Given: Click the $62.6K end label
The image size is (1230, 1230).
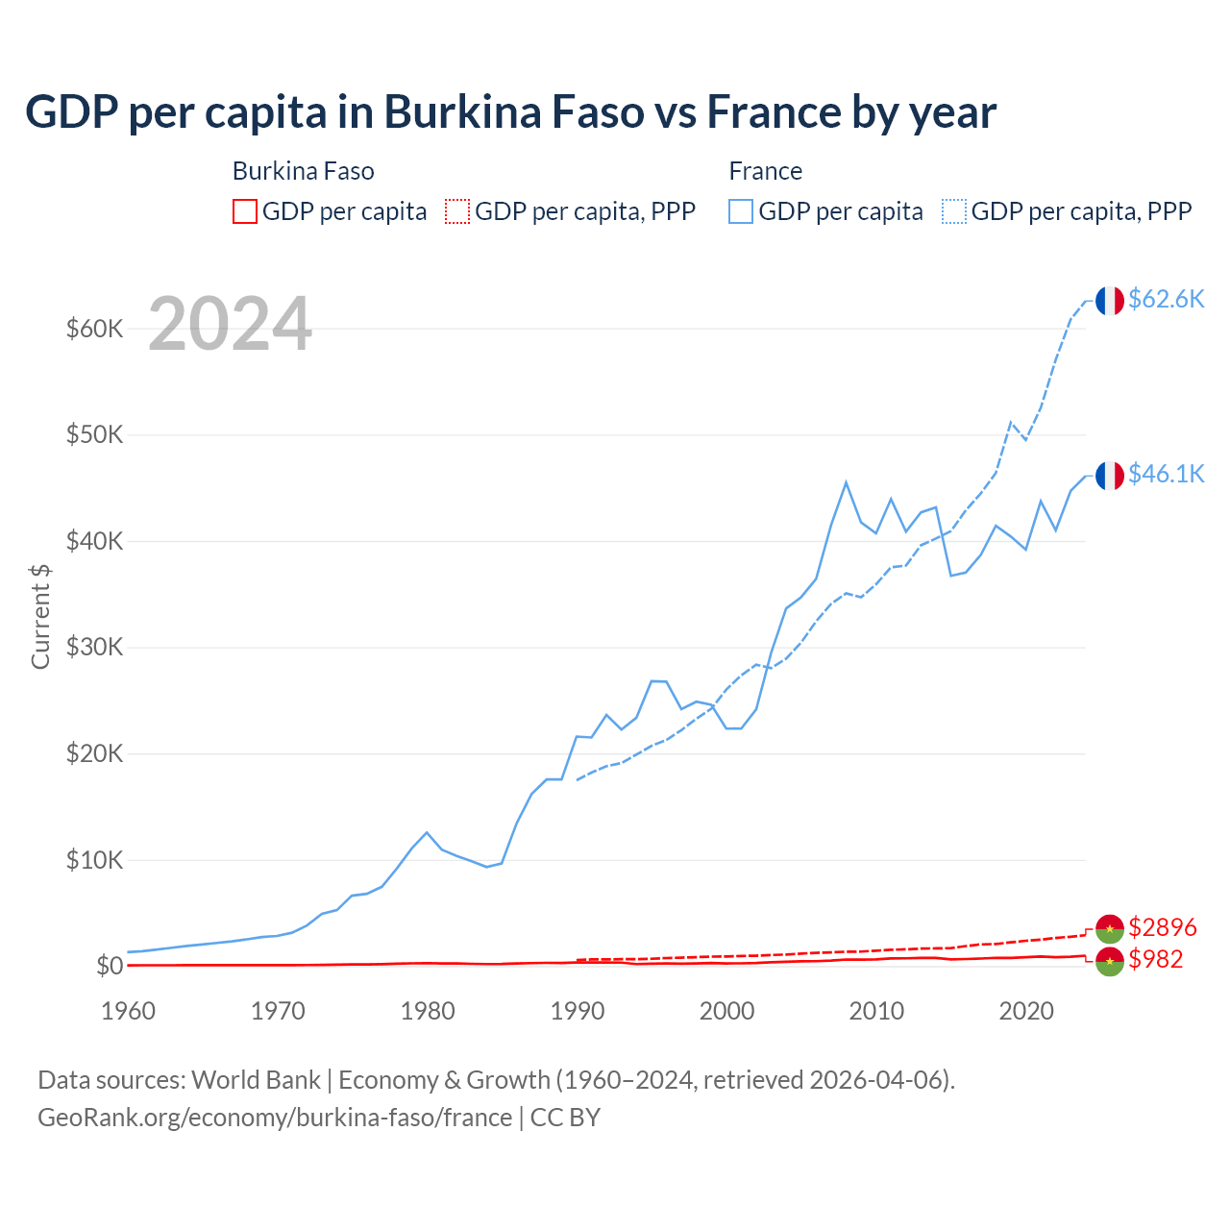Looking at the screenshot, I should (1166, 300).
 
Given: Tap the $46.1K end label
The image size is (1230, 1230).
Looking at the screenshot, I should (1166, 474).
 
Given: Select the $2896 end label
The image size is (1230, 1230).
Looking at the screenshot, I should (1162, 927).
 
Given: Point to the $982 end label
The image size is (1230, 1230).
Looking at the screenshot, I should (1155, 959).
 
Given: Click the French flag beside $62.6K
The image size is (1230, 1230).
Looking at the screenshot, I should (1109, 301).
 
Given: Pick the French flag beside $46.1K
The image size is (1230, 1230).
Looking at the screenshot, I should (1109, 476).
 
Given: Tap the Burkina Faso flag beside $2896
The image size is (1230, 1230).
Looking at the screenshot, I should (1109, 928).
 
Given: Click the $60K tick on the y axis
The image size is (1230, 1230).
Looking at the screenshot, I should (95, 329).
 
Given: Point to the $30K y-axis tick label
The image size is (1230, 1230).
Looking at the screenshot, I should (95, 647).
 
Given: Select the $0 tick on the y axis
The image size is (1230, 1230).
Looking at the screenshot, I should (110, 966).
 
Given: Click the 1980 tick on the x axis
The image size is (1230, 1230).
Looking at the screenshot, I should (428, 1011).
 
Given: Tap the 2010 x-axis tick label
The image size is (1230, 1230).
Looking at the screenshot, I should (876, 1011).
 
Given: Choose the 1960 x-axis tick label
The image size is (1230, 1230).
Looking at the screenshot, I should (129, 1011).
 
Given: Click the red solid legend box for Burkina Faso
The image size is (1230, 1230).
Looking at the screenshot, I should (245, 211).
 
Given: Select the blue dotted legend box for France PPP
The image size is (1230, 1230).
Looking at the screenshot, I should (954, 211).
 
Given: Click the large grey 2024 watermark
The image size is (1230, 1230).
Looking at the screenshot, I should (231, 325).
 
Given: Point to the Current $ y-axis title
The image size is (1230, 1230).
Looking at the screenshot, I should (40, 616).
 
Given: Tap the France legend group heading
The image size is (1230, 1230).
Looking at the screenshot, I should (765, 171).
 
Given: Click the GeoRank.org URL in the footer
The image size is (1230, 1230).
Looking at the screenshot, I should (275, 1118).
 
